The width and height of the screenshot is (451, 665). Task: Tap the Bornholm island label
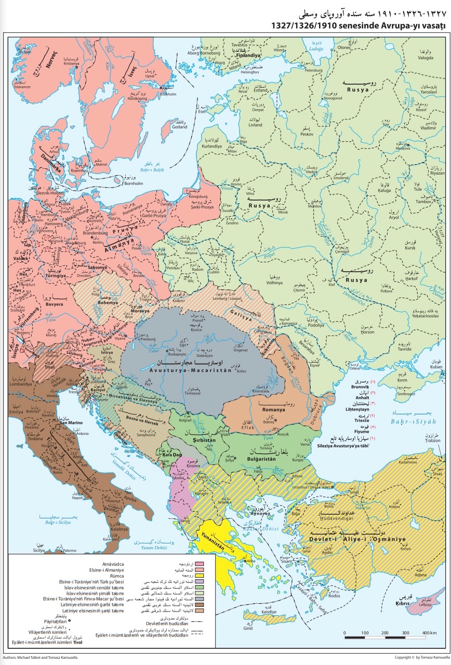(x=134, y=183)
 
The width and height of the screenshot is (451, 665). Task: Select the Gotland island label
(x=180, y=126)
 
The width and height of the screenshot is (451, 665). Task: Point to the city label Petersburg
(x=313, y=70)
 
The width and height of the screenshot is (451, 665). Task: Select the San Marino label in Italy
(x=72, y=422)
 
